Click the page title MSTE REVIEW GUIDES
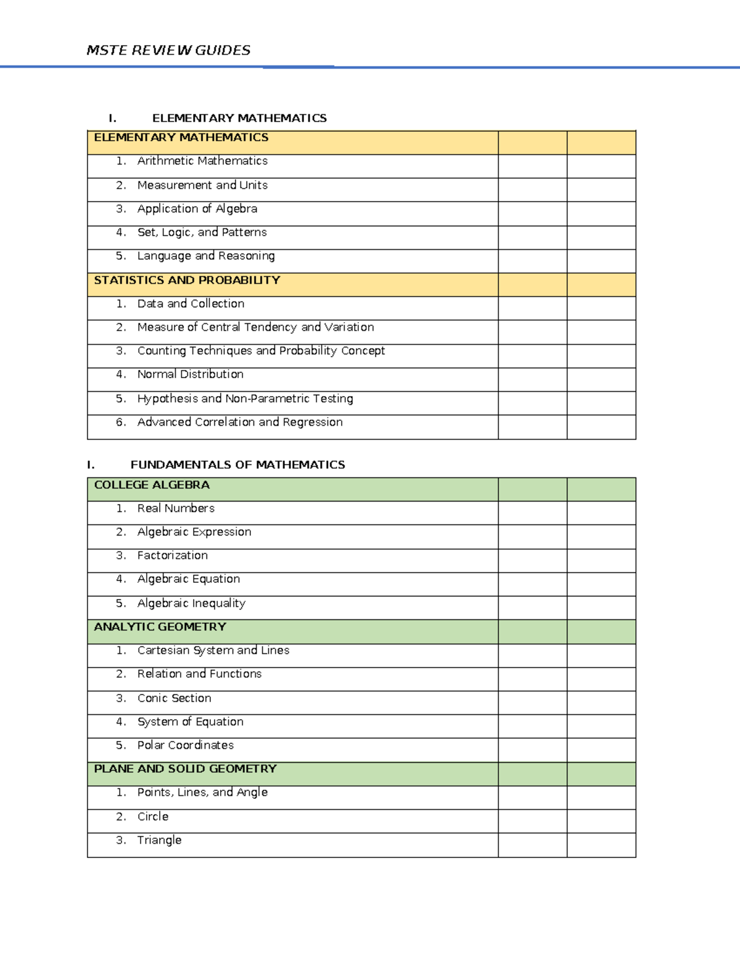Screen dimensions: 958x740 pyautogui.click(x=168, y=51)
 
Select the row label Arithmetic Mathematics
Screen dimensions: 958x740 pyautogui.click(x=202, y=161)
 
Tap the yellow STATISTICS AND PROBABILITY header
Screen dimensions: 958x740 pyautogui.click(x=187, y=280)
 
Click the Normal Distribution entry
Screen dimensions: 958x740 pyautogui.click(x=190, y=374)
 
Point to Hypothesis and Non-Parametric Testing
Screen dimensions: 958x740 pyautogui.click(x=245, y=398)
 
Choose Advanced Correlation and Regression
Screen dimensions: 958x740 pyautogui.click(x=240, y=422)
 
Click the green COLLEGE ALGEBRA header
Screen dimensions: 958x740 pyautogui.click(x=152, y=485)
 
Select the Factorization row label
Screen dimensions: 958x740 pyautogui.click(x=172, y=555)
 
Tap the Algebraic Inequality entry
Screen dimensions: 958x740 pyautogui.click(x=191, y=603)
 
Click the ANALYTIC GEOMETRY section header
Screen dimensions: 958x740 pyautogui.click(x=160, y=627)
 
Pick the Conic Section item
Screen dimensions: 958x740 pyautogui.click(x=174, y=698)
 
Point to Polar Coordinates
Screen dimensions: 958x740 pyautogui.click(x=185, y=745)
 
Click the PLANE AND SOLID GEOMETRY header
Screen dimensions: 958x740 pyautogui.click(x=185, y=769)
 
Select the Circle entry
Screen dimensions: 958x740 pyautogui.click(x=152, y=817)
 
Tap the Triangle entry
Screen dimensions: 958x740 pyautogui.click(x=159, y=840)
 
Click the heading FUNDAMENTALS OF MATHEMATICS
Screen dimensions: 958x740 pyautogui.click(x=237, y=465)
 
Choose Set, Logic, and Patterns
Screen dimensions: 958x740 pyautogui.click(x=202, y=233)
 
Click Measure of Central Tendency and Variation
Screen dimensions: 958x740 pyautogui.click(x=255, y=327)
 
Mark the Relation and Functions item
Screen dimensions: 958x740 pyautogui.click(x=199, y=674)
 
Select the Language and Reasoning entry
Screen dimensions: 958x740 pyautogui.click(x=206, y=256)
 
